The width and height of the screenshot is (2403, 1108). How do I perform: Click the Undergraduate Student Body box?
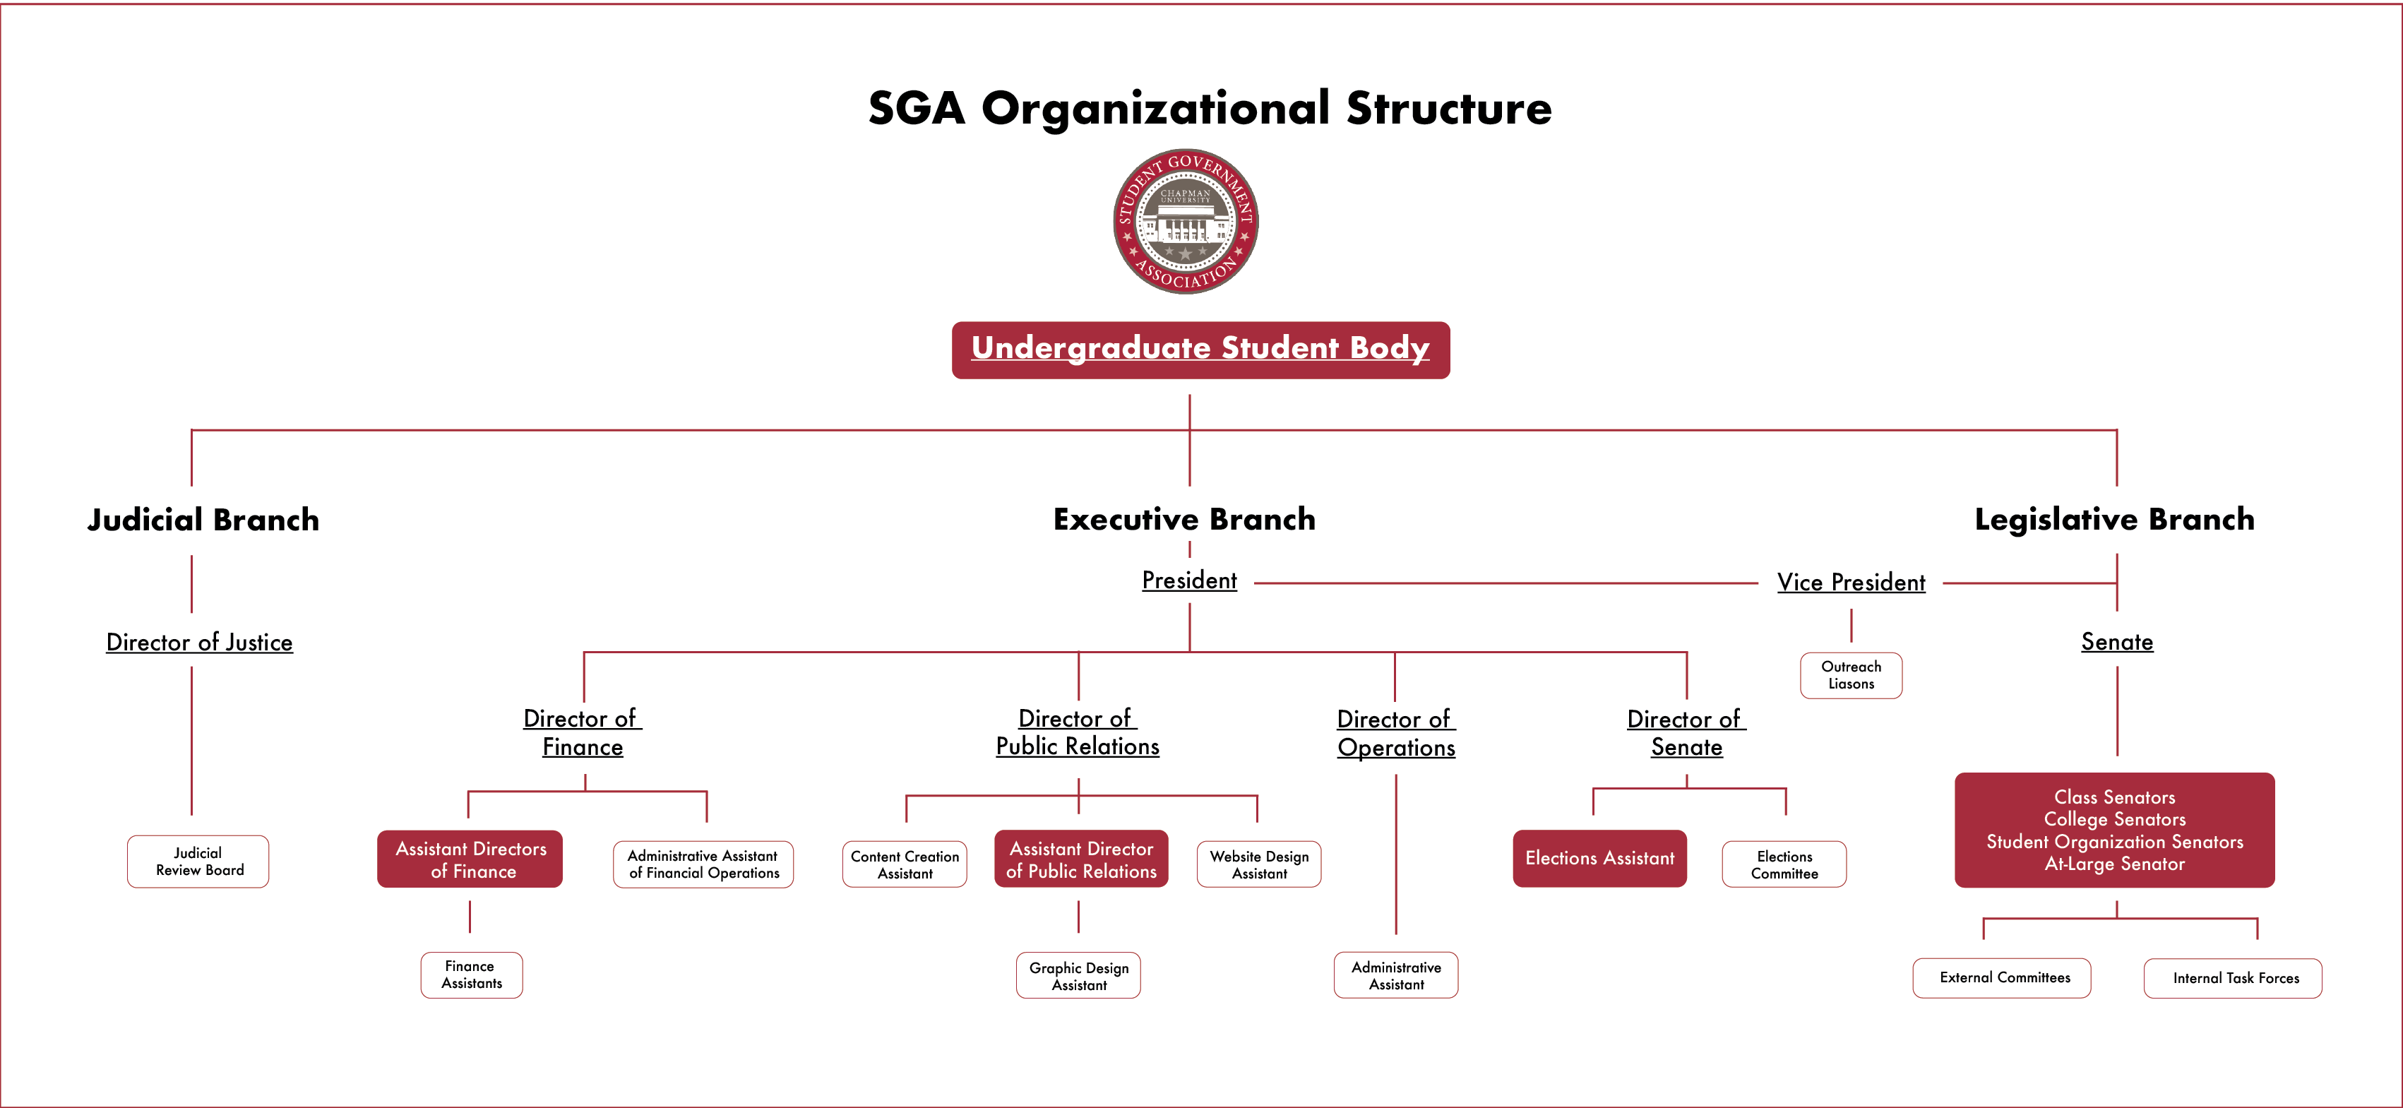tap(1200, 350)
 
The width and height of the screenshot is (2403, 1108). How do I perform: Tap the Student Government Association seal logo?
tap(1186, 221)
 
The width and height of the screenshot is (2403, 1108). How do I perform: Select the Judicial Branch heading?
tap(203, 520)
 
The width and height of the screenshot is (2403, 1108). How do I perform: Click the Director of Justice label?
tap(200, 642)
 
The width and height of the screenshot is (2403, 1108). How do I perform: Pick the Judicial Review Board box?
tap(198, 861)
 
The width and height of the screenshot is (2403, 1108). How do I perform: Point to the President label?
tap(1189, 580)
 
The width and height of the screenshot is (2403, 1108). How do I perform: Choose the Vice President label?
tap(1851, 582)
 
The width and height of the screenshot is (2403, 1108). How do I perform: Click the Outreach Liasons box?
tap(1851, 675)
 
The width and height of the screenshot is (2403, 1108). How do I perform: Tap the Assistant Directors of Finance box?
tap(470, 859)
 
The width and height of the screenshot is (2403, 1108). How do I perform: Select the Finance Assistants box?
tap(471, 975)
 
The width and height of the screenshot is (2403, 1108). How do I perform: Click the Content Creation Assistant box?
tap(904, 864)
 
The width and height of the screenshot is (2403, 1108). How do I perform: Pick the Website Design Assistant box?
tap(1258, 864)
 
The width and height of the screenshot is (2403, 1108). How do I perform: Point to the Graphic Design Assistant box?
tap(1078, 975)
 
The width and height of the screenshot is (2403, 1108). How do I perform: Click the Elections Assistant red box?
tap(1599, 858)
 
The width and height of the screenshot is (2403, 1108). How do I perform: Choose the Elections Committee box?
tap(1784, 864)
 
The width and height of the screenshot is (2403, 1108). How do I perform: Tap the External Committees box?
tap(2002, 977)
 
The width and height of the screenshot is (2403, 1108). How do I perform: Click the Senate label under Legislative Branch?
tap(2116, 642)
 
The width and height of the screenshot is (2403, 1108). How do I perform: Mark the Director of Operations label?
tap(1395, 733)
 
